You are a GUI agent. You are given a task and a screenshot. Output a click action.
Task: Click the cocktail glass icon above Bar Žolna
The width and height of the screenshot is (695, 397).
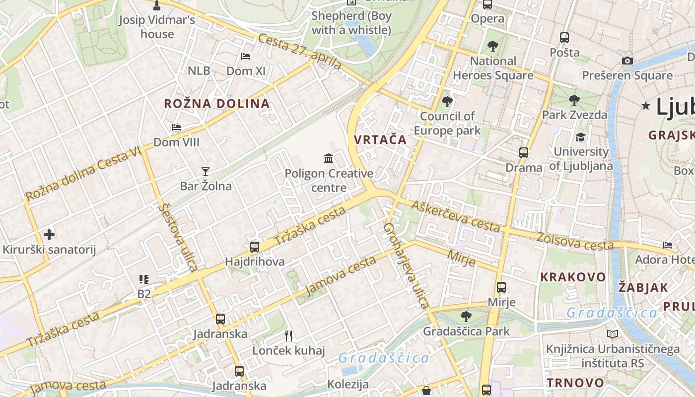click(x=206, y=172)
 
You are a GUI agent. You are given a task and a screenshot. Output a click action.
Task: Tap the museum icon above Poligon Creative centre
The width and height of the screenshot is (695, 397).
click(x=329, y=159)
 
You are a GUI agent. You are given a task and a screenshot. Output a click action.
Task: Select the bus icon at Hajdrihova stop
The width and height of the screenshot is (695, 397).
click(x=255, y=247)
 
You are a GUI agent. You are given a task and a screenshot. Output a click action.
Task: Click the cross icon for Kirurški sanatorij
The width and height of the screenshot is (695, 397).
click(x=49, y=235)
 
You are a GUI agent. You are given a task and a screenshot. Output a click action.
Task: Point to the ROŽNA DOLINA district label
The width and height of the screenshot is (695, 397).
click(x=217, y=104)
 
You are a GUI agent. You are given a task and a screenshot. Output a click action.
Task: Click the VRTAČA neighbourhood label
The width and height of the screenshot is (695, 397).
click(x=380, y=139)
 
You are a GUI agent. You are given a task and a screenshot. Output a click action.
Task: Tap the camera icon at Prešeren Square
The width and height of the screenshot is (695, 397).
click(x=627, y=61)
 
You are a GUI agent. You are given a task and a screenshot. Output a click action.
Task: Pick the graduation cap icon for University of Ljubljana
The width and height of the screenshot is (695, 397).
click(x=580, y=137)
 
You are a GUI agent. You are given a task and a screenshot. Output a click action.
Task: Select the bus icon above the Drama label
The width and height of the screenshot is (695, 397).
click(x=524, y=153)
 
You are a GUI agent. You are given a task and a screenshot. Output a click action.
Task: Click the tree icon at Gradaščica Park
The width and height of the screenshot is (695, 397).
click(x=466, y=316)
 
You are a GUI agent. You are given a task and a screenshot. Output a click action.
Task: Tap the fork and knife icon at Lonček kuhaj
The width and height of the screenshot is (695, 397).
click(x=288, y=336)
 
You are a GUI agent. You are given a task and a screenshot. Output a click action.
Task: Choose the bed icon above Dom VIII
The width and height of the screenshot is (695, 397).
click(x=176, y=128)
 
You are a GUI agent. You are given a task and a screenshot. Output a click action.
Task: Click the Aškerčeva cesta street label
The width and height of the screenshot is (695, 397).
click(x=456, y=217)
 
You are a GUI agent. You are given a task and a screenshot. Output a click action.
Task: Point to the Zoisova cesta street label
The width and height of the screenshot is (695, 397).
click(x=574, y=241)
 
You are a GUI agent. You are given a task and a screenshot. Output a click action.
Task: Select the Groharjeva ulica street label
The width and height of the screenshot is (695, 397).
click(x=406, y=265)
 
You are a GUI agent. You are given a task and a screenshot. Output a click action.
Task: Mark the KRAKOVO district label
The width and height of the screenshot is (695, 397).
click(x=573, y=277)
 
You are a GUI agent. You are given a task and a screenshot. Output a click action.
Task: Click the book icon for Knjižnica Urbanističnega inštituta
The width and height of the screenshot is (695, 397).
click(x=613, y=334)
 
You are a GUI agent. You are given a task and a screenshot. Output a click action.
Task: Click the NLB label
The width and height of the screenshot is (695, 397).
click(x=199, y=71)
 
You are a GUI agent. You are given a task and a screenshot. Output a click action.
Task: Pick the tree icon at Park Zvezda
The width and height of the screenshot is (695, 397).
click(x=574, y=100)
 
